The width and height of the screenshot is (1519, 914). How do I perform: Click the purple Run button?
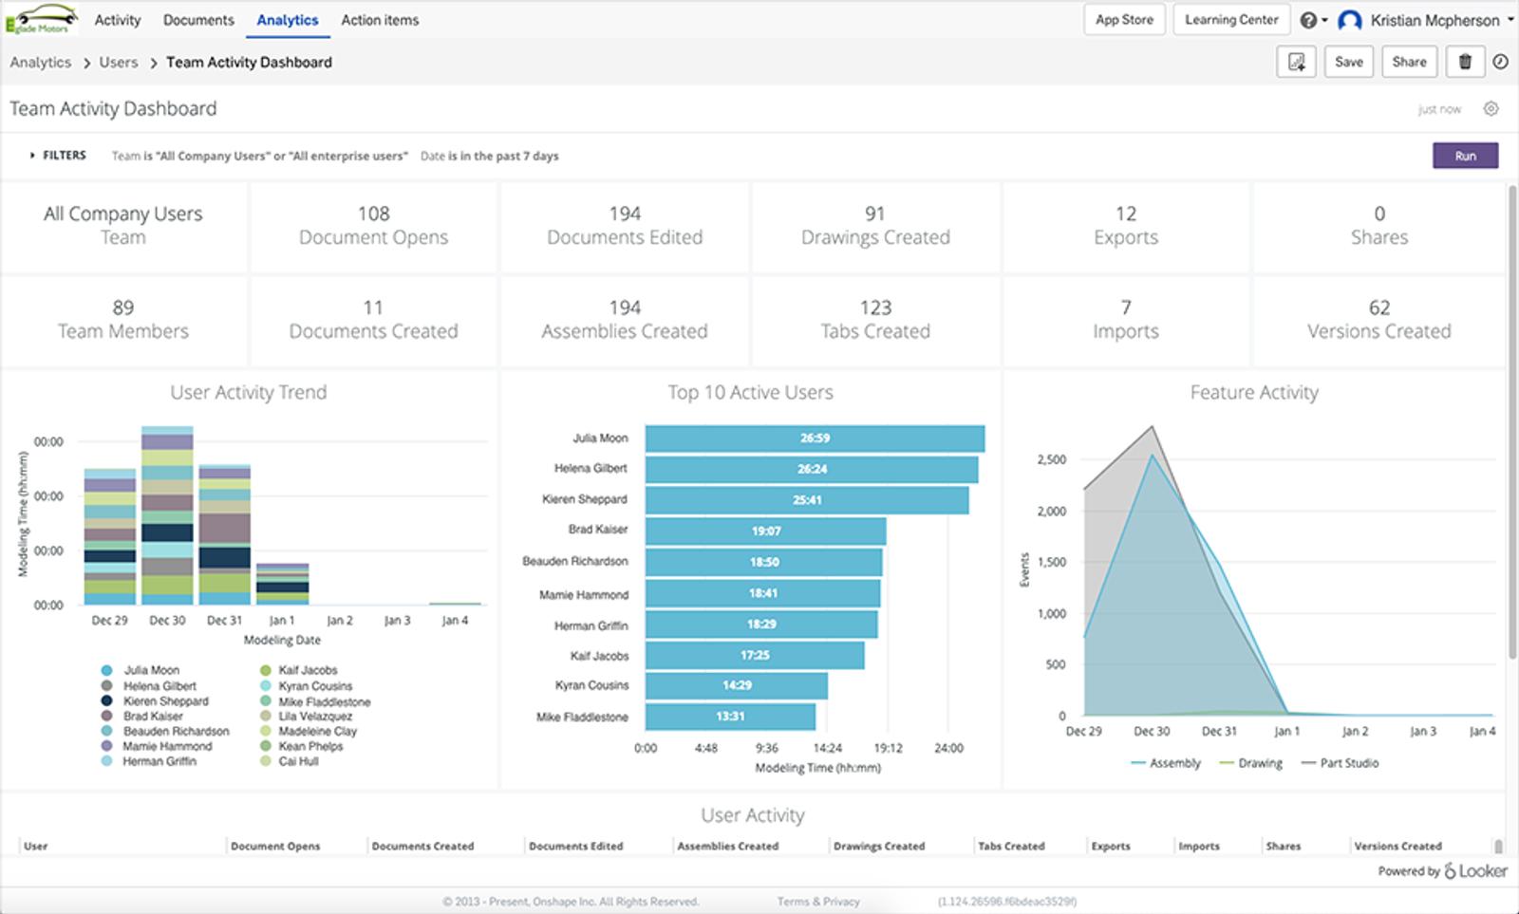[1465, 156]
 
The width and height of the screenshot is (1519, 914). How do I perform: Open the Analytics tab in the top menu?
[288, 20]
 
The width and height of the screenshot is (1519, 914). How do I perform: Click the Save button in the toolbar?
[1348, 62]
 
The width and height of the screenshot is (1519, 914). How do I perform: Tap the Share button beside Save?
[1409, 62]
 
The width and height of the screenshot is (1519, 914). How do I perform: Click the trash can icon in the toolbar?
[1465, 62]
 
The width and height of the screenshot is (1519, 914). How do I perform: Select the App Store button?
[1124, 20]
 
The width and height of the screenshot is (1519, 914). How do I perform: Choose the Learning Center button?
[1231, 20]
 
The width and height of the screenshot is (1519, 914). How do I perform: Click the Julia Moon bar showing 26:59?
[815, 438]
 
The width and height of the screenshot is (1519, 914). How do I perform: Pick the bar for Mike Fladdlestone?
[730, 717]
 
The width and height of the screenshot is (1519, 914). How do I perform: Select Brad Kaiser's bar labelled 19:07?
[765, 531]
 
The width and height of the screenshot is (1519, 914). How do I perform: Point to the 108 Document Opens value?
[373, 215]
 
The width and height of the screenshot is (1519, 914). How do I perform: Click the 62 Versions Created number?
[1378, 308]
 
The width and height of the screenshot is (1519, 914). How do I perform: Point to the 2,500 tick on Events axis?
[1051, 459]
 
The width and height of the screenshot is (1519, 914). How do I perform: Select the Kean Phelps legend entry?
[310, 747]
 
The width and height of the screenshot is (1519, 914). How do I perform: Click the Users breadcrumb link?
[119, 63]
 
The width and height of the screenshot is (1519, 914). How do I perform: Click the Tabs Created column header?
[1011, 846]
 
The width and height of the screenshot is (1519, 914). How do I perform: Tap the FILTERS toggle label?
[64, 156]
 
